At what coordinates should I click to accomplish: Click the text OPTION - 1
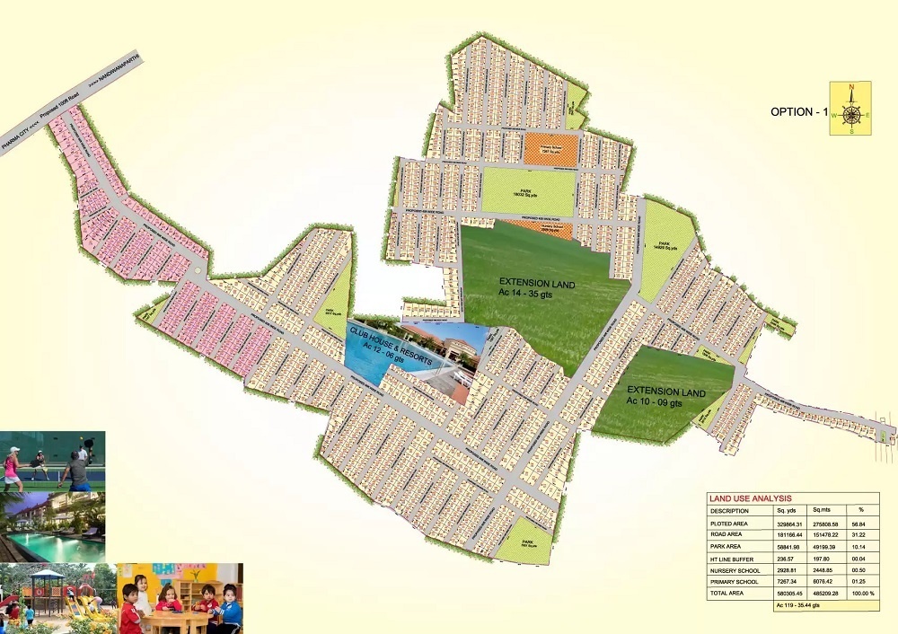point(798,112)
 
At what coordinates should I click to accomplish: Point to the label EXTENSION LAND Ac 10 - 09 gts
point(665,396)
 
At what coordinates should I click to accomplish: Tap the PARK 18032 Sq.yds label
point(528,191)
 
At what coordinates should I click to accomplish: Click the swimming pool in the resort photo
point(54,544)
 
